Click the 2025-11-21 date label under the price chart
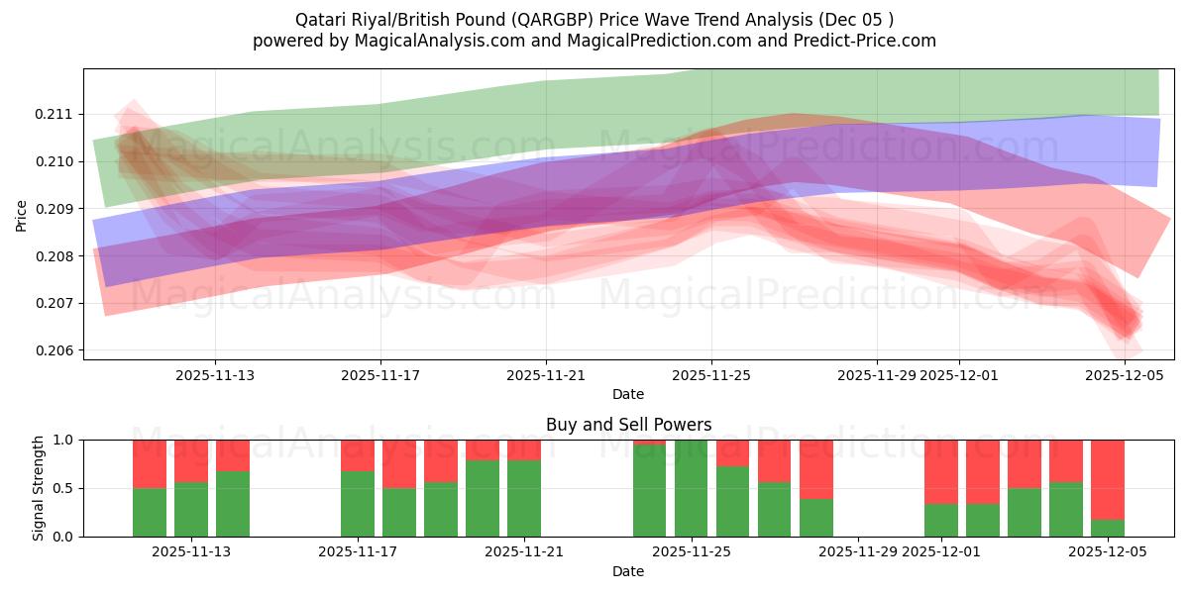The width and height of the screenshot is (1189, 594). point(546,375)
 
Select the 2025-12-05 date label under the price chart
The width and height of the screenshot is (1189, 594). point(1125,375)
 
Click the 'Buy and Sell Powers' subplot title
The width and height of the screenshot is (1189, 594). point(628,425)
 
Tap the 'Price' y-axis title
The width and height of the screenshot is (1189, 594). point(22,216)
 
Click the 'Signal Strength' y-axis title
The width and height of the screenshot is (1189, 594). point(39,488)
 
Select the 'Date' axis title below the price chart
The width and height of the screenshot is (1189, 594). point(628,394)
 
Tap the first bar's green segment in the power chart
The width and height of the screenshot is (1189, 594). point(150,513)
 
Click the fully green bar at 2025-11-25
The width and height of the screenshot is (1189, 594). point(691,488)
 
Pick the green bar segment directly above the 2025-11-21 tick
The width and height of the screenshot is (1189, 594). point(523,499)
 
